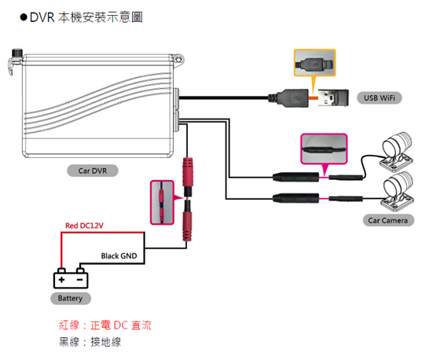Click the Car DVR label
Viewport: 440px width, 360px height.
(x=93, y=171)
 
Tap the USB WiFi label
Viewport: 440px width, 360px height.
(x=379, y=98)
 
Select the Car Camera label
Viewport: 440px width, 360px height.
(x=388, y=220)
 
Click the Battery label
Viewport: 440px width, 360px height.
(x=71, y=298)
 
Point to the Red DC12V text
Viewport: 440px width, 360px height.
(x=84, y=226)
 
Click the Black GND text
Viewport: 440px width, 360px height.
(x=119, y=256)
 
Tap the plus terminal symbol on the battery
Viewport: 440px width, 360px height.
(x=62, y=279)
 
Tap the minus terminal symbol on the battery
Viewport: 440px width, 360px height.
(x=80, y=280)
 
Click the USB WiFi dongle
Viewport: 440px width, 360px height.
(x=333, y=97)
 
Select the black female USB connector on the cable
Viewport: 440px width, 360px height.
(x=288, y=98)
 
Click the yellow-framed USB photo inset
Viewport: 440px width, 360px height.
(x=314, y=63)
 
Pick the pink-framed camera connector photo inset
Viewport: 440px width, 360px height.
(x=324, y=149)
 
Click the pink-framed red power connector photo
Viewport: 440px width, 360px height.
(x=162, y=202)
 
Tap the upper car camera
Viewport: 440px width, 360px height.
(x=397, y=151)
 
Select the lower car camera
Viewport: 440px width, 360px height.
(x=397, y=191)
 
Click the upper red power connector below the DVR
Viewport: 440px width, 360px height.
(x=188, y=177)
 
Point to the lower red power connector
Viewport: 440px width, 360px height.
(x=188, y=220)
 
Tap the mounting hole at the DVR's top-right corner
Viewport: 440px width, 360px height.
(x=178, y=60)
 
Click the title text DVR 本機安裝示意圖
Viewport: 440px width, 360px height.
(x=86, y=17)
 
